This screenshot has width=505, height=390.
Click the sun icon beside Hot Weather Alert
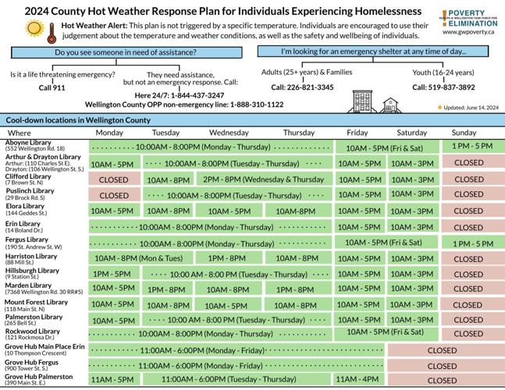34,29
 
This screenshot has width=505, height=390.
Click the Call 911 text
52,88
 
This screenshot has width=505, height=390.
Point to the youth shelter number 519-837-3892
443,87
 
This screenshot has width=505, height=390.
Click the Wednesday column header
229,133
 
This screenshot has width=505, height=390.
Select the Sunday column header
464,133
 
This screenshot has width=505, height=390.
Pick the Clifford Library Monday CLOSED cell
114,179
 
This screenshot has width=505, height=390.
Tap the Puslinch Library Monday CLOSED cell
114,195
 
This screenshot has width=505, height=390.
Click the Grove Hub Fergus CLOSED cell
442,365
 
